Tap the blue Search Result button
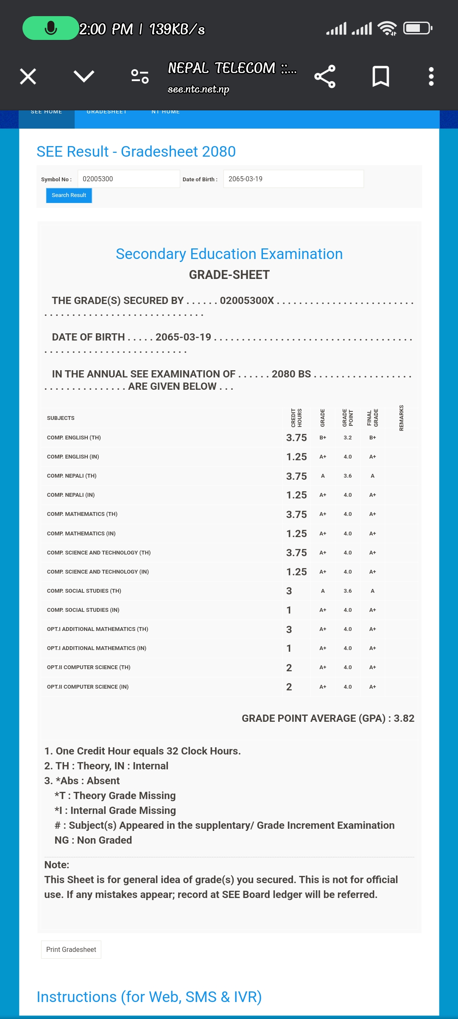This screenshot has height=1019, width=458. click(x=69, y=195)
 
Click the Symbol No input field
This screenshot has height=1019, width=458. click(x=128, y=179)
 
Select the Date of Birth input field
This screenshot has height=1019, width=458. click(x=293, y=179)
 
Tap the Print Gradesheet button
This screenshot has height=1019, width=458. click(x=71, y=949)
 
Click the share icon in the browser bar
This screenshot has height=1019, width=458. click(x=325, y=77)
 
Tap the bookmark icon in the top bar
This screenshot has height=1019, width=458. click(x=380, y=77)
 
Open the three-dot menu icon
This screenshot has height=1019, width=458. click(x=431, y=77)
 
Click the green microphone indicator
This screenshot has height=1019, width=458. click(x=50, y=28)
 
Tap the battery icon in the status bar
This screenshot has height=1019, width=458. click(x=417, y=28)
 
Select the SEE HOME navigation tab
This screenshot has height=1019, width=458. click(x=47, y=112)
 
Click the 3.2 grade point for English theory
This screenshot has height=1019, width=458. click(x=348, y=437)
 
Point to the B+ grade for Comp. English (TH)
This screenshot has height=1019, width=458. click(x=323, y=437)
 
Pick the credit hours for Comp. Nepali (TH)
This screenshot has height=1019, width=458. click(x=296, y=476)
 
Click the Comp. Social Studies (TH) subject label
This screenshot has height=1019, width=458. click(x=84, y=591)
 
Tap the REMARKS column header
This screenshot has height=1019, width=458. click(x=401, y=418)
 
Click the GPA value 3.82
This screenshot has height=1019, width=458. click(x=404, y=718)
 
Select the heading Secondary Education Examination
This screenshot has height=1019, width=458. click(x=229, y=254)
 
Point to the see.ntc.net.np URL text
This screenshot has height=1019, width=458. click(x=198, y=89)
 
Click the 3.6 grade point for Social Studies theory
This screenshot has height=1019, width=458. click(x=348, y=591)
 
